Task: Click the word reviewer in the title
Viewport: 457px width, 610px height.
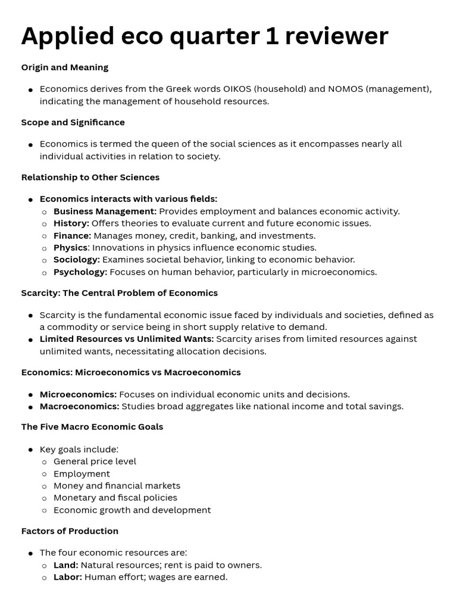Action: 335,36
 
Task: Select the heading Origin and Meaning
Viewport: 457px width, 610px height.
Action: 65,67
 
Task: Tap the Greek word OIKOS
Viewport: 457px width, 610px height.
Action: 237,89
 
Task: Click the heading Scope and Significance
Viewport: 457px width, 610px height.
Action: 73,122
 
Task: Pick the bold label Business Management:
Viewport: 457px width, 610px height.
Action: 105,211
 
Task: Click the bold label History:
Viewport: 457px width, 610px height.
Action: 71,223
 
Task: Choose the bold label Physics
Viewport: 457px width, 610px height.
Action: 70,247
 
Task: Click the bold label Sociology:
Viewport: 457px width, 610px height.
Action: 77,260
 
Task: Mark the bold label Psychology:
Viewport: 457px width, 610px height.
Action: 80,272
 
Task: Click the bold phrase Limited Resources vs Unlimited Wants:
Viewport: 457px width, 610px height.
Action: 126,339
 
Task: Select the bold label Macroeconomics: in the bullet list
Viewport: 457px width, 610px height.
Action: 79,406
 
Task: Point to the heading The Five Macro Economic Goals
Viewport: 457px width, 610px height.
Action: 92,427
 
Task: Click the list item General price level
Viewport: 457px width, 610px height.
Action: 95,461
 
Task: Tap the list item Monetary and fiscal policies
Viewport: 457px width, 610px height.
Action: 115,497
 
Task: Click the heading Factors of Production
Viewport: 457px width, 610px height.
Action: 70,531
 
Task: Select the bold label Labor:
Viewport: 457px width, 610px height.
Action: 68,577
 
